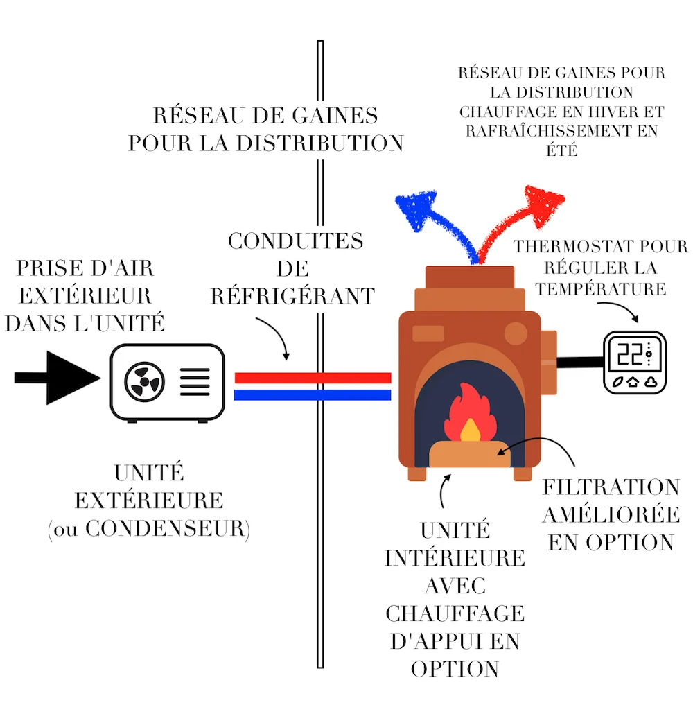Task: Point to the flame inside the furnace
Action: tap(468, 419)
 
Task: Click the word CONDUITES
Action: tap(296, 241)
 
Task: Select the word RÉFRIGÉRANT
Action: tap(292, 296)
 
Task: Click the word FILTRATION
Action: tap(611, 487)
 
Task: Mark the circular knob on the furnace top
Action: tap(516, 333)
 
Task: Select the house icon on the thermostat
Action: tap(633, 381)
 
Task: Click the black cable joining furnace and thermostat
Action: tap(579, 361)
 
